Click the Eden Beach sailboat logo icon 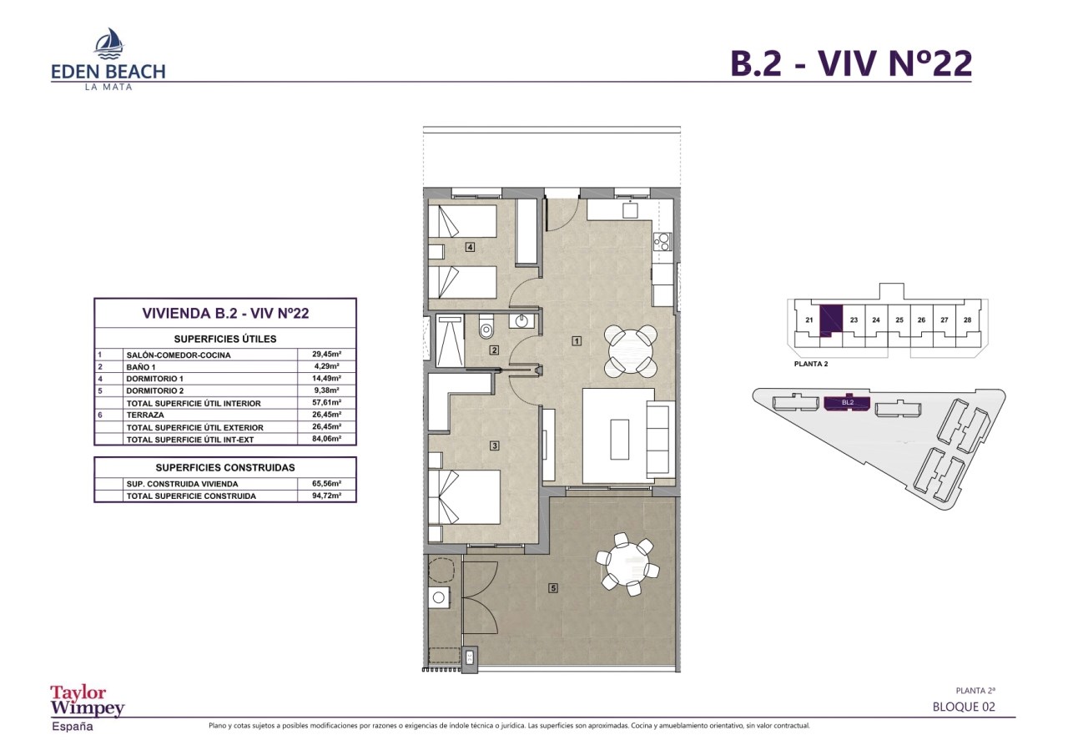tap(109, 43)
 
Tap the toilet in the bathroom tap(486, 326)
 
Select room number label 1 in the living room tap(577, 341)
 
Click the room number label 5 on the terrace tap(553, 588)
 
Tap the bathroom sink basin tap(521, 321)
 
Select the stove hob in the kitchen tap(662, 242)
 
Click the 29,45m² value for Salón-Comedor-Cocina tap(326, 355)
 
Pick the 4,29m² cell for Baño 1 tap(326, 366)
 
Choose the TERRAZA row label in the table tap(145, 415)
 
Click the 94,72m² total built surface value tap(326, 496)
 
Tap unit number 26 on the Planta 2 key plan tap(921, 320)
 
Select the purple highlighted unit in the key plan tap(830, 320)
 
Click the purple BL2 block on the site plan tap(847, 403)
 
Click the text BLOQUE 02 tap(964, 707)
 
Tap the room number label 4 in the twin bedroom tap(470, 248)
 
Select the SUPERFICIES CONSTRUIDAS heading tap(225, 467)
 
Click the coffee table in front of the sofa tap(619, 439)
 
